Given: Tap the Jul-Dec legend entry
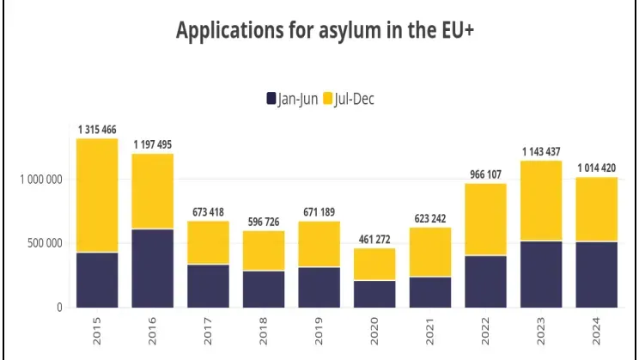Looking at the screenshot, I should pos(348,99).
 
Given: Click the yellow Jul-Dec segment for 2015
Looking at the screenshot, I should pos(97,195).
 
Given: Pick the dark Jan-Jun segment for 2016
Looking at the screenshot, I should pos(152,268).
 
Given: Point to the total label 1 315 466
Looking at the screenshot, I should pos(97,130).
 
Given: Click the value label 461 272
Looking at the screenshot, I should pos(374,240).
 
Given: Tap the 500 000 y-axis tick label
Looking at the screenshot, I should pos(44,243).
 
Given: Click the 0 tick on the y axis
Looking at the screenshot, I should pos(60,307).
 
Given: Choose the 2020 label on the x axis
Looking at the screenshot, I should pos(375,331).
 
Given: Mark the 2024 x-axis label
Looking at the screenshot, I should pos(597,331).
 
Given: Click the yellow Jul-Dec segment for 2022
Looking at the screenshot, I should pos(486,219).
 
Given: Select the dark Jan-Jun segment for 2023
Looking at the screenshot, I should pos(541,274).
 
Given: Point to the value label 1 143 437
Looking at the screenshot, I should pos(541,152).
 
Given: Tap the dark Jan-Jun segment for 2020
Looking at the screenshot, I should pos(374,294).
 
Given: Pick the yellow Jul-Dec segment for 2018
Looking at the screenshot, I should pos(264,250).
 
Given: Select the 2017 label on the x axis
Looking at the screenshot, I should pos(209,331).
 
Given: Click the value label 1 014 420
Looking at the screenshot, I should pos(597,168).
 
